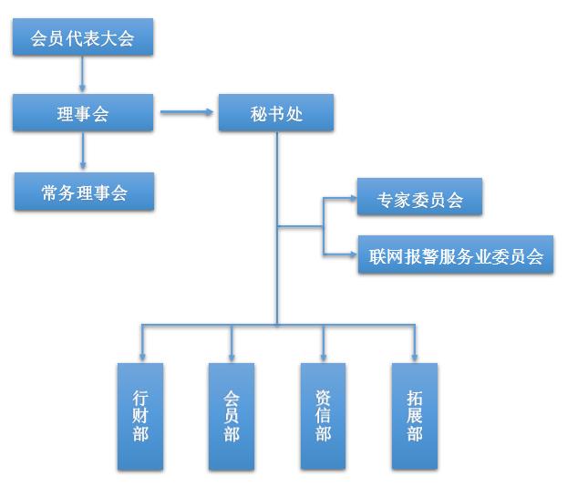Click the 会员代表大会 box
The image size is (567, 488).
point(82,38)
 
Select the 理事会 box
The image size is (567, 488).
point(82,114)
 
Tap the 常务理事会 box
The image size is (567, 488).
point(84,192)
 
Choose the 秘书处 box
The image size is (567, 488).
point(275,114)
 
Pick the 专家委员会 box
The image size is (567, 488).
point(420,199)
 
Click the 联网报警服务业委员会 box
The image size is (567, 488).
point(456,256)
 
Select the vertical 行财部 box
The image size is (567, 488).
point(140,416)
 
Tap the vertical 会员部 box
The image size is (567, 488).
point(232,416)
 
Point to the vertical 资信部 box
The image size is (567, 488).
point(324,416)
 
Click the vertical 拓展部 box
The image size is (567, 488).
point(415,416)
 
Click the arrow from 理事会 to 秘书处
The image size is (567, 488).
point(186,114)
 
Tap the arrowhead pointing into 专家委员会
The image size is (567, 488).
point(351,197)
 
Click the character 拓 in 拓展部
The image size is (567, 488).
point(415,398)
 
